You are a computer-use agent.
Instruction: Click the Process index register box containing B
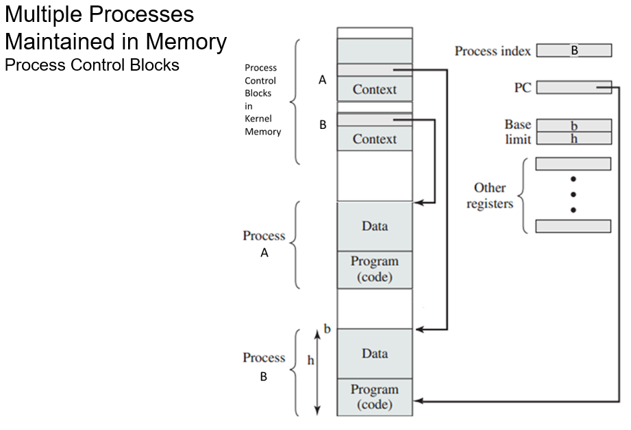pyautogui.click(x=573, y=51)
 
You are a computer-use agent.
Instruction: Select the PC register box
pyautogui.click(x=573, y=87)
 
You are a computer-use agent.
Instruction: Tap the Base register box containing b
pyautogui.click(x=573, y=126)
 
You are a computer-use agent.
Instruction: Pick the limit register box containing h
pyautogui.click(x=573, y=139)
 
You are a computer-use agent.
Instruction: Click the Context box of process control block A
pyautogui.click(x=374, y=89)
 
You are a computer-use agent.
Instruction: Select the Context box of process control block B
pyautogui.click(x=374, y=139)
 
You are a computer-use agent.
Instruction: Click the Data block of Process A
pyautogui.click(x=374, y=226)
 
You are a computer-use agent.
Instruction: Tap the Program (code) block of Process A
pyautogui.click(x=374, y=270)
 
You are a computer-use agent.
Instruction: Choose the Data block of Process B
pyautogui.click(x=374, y=354)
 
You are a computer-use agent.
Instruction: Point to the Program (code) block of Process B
pyautogui.click(x=374, y=397)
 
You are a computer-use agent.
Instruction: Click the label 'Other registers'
pyautogui.click(x=489, y=196)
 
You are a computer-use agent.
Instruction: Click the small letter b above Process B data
pyautogui.click(x=327, y=329)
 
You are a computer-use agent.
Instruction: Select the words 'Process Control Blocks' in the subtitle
pyautogui.click(x=92, y=65)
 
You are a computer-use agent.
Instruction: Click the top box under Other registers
pyautogui.click(x=573, y=164)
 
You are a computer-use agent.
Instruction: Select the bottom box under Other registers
pyautogui.click(x=573, y=226)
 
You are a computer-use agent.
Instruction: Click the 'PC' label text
pyautogui.click(x=522, y=88)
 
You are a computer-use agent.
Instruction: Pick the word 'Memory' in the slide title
pyautogui.click(x=184, y=42)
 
